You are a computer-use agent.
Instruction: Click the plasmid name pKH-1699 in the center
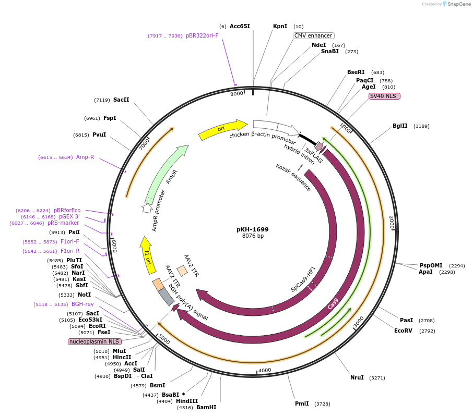[253, 229]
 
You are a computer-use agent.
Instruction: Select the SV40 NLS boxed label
[384, 96]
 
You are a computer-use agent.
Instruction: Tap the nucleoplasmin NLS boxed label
[94, 341]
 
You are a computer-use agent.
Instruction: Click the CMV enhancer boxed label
[313, 35]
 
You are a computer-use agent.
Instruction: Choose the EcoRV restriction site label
[403, 331]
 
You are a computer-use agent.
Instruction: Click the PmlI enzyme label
[302, 403]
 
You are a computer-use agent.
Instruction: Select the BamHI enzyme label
[206, 407]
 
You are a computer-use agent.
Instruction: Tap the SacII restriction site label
[121, 100]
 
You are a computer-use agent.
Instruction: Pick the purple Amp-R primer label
[85, 157]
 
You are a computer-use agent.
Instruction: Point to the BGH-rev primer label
[82, 304]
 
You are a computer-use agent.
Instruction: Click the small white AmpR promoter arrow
[148, 208]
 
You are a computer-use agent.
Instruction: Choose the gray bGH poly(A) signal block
[167, 296]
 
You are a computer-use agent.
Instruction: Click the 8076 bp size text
[253, 236]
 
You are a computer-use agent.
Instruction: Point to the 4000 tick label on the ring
[265, 370]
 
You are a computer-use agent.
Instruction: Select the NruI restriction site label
[357, 377]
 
